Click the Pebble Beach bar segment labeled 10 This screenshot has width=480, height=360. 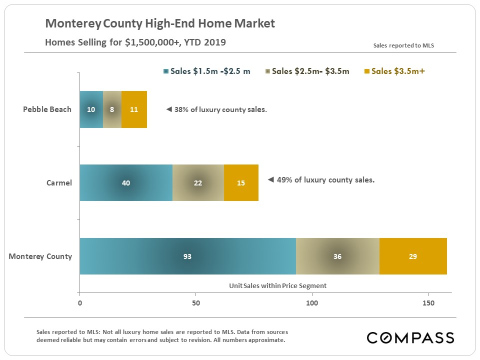(x=91, y=109)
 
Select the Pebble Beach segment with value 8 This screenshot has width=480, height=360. (x=112, y=109)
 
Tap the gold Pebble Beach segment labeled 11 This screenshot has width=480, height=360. (x=134, y=109)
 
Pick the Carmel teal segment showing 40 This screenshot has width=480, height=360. (x=126, y=183)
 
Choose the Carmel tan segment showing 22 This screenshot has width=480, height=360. (x=198, y=183)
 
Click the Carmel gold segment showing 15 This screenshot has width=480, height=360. (x=241, y=183)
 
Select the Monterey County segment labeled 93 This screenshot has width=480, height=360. (x=187, y=256)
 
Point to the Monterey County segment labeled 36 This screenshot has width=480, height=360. (x=337, y=256)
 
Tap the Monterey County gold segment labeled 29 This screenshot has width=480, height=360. (x=412, y=256)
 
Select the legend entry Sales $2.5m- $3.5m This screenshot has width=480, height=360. (x=307, y=71)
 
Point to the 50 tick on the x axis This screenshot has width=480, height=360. (x=196, y=303)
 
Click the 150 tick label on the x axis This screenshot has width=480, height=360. (x=428, y=303)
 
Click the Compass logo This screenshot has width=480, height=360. (x=410, y=337)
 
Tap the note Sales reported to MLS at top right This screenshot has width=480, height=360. (x=403, y=45)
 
